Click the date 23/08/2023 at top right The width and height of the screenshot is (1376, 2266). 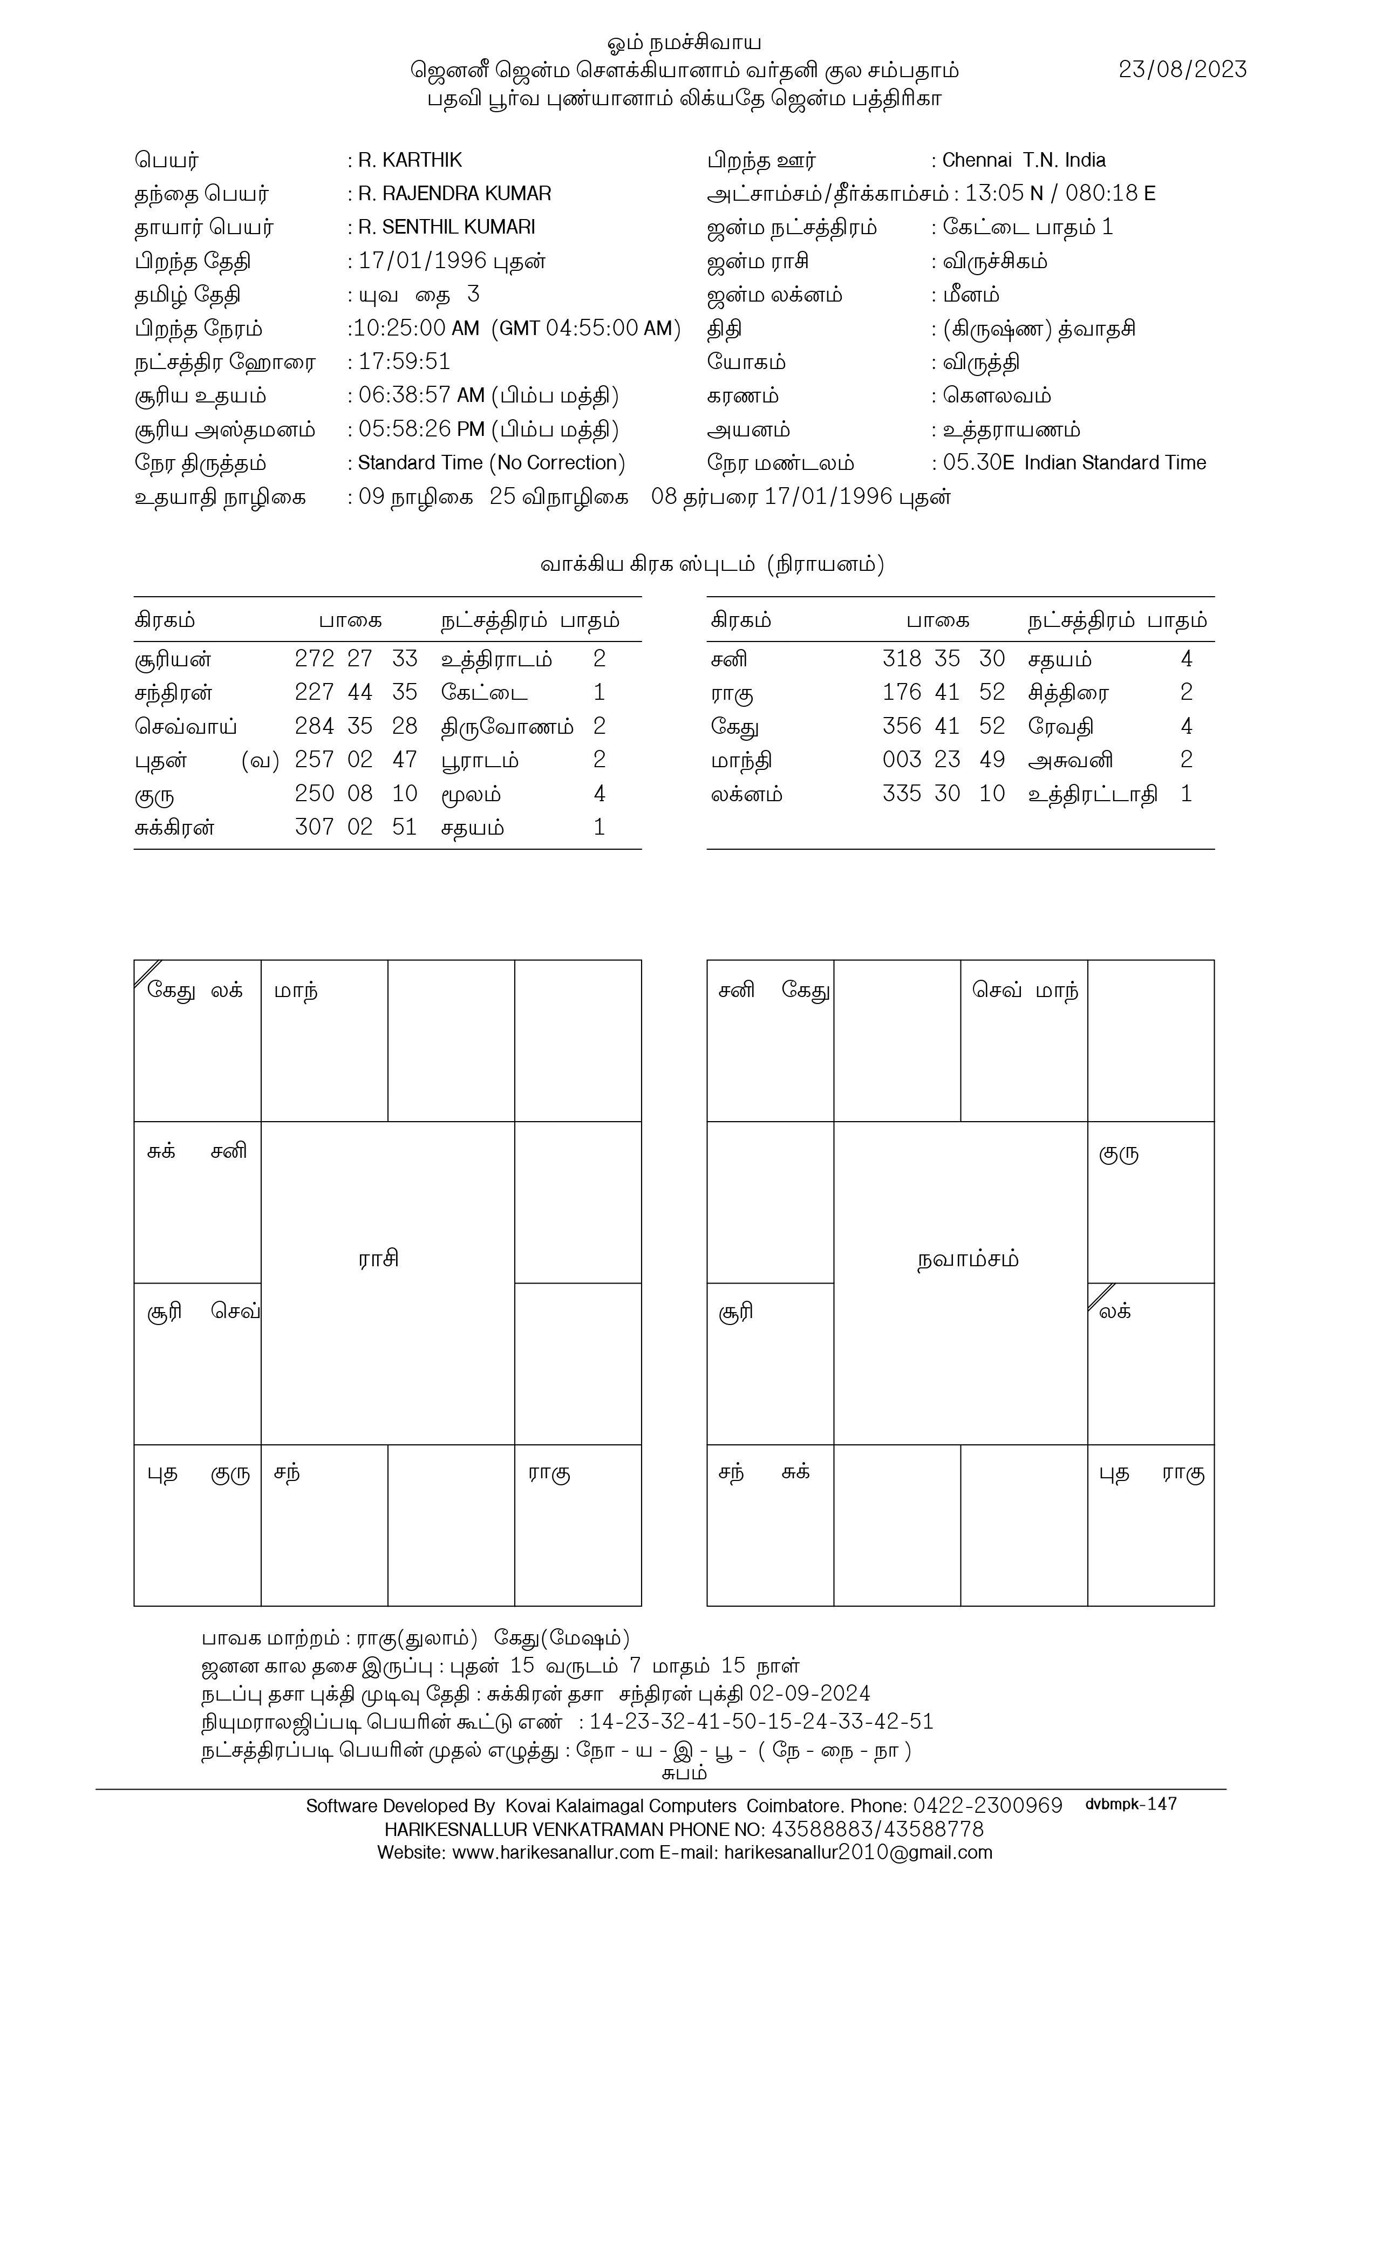pyautogui.click(x=1182, y=70)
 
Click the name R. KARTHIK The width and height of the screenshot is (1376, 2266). pyautogui.click(x=410, y=160)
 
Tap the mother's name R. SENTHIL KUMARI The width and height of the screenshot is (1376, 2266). pyautogui.click(x=446, y=227)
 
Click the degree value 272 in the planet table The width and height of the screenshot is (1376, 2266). pyautogui.click(x=314, y=658)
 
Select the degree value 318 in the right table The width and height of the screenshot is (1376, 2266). pyautogui.click(x=901, y=658)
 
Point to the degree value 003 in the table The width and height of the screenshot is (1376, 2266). pyautogui.click(x=901, y=760)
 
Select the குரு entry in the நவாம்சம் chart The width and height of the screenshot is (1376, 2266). pyautogui.click(x=1119, y=1154)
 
